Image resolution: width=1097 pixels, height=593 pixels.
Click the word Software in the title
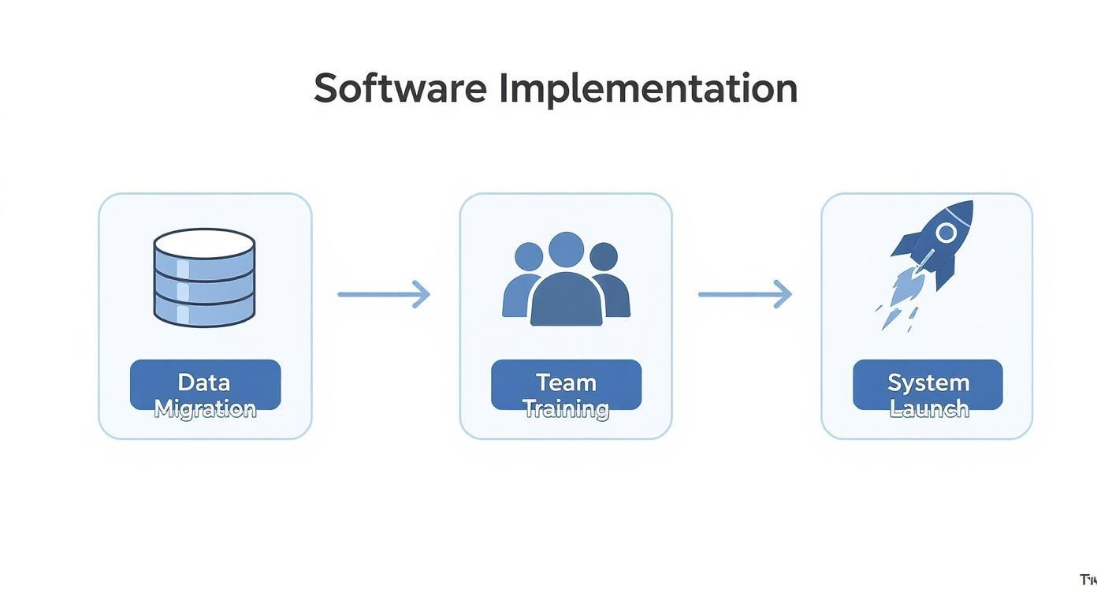point(400,88)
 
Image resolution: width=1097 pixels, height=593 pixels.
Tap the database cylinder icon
point(204,277)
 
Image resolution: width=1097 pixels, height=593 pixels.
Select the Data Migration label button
point(205,385)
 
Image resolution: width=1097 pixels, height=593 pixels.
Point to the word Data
point(204,382)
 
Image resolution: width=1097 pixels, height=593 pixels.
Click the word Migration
point(205,408)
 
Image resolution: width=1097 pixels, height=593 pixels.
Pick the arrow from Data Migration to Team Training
point(384,294)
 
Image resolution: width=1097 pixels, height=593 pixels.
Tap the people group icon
point(566,279)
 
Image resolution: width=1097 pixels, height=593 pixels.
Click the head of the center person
point(566,248)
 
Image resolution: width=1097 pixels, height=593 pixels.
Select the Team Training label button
point(566,385)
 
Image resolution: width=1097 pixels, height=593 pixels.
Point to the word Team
point(566,382)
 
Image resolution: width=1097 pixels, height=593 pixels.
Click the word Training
point(566,408)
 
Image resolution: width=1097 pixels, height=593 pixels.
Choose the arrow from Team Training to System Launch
point(745,294)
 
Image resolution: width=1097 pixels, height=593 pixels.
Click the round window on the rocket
point(946,232)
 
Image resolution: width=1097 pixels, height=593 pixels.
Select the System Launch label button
point(928,385)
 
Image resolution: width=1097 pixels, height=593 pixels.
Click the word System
point(928,382)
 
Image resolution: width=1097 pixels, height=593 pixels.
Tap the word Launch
point(928,408)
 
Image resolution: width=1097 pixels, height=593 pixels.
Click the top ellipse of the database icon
point(204,244)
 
